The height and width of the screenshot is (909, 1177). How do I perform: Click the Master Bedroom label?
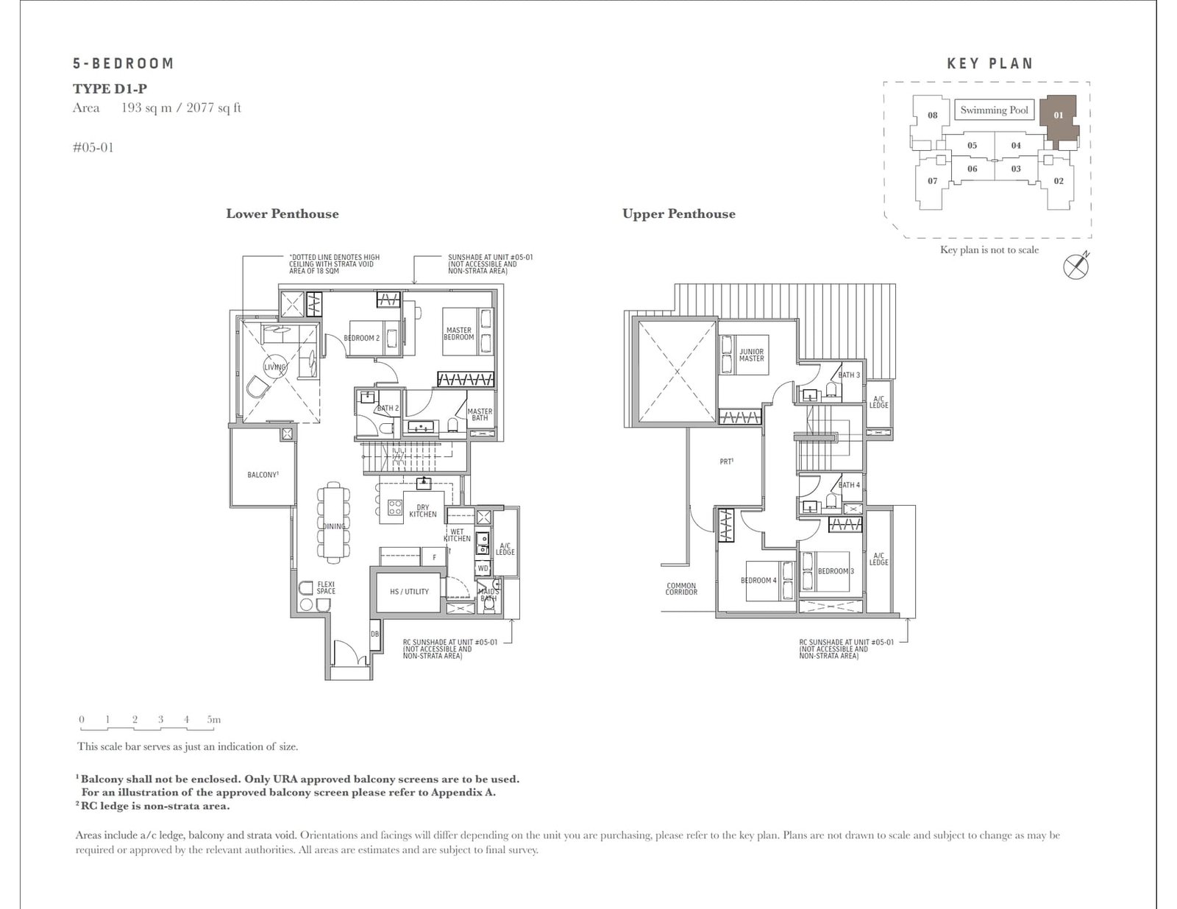click(458, 334)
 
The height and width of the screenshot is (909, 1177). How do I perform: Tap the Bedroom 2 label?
click(361, 338)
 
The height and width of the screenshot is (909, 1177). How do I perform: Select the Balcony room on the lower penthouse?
click(263, 475)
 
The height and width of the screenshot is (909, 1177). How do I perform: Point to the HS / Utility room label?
click(409, 591)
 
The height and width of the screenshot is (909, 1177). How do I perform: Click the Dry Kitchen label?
click(423, 511)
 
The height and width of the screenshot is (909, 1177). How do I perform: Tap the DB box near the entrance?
click(374, 634)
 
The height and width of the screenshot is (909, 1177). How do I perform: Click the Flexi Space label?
click(326, 587)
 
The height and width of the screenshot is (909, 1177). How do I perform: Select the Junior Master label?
click(751, 355)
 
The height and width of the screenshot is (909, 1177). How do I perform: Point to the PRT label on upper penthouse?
click(727, 461)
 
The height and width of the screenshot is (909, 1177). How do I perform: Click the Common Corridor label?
click(680, 589)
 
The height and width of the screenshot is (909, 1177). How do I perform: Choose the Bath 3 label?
click(849, 375)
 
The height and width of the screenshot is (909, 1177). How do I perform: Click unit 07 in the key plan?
click(932, 181)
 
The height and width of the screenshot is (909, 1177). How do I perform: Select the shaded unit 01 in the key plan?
click(1059, 116)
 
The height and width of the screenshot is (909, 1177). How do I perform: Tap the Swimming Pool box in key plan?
click(994, 110)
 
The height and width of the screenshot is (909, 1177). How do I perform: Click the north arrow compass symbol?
click(1075, 266)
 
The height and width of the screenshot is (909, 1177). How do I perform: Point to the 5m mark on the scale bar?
click(213, 720)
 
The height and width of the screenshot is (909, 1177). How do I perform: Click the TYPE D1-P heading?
click(110, 89)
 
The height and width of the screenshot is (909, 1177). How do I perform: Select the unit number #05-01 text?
click(93, 147)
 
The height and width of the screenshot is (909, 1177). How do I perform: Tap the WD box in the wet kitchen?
click(483, 567)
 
